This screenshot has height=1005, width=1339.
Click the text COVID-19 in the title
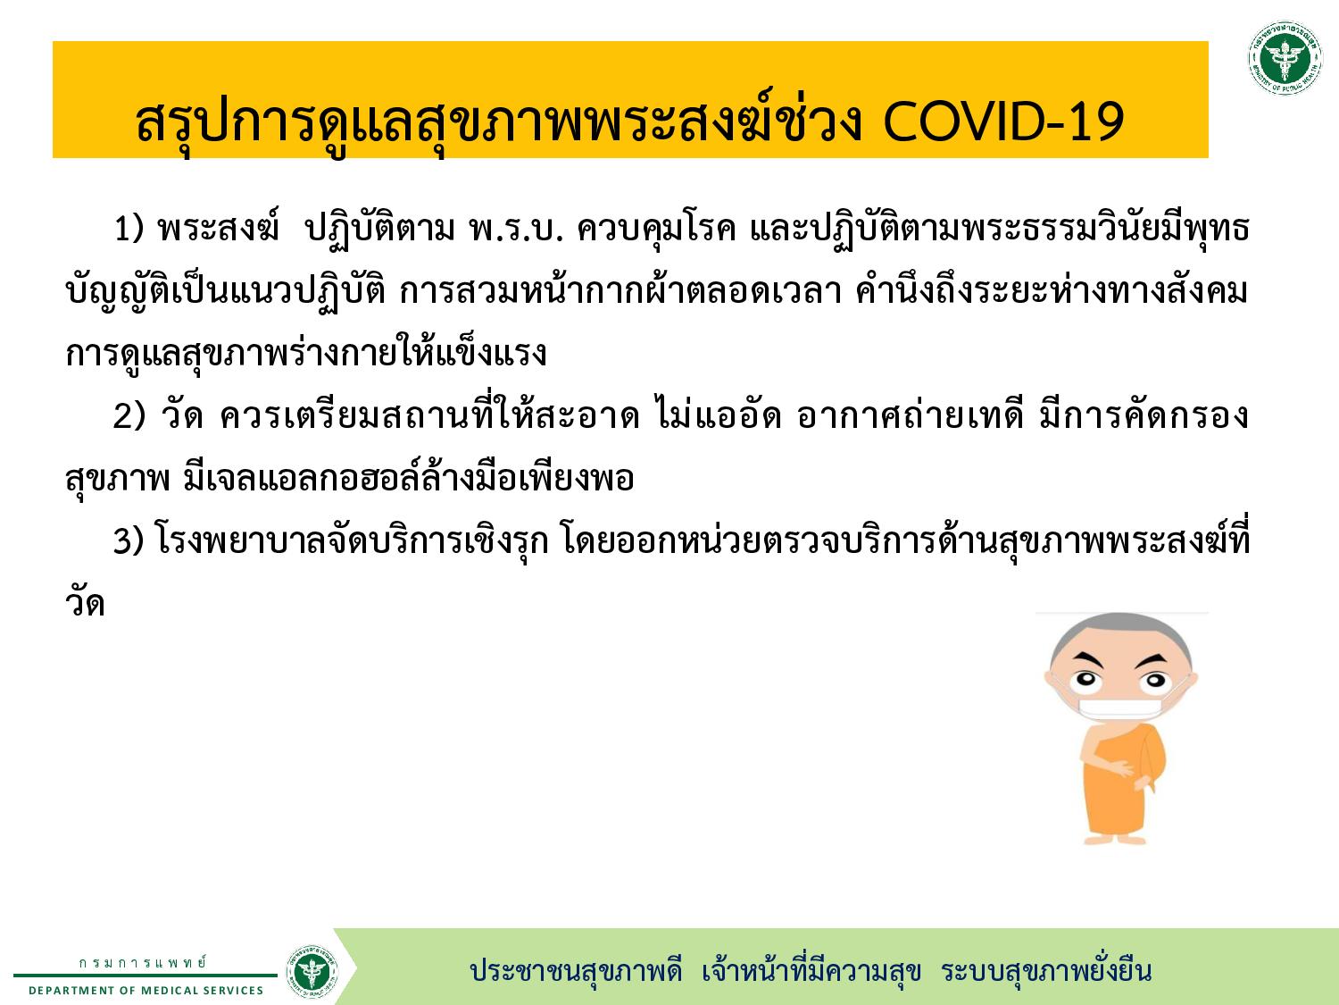point(1002,121)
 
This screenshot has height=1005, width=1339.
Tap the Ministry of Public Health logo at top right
point(1285,58)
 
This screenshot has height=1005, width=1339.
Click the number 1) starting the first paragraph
point(129,228)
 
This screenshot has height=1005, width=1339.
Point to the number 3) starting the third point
point(129,540)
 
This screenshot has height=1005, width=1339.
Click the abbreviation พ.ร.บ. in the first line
point(515,229)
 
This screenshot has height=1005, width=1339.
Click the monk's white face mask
point(1120,708)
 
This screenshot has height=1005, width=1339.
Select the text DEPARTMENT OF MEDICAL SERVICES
point(146,991)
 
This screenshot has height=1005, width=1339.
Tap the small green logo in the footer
point(312,971)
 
